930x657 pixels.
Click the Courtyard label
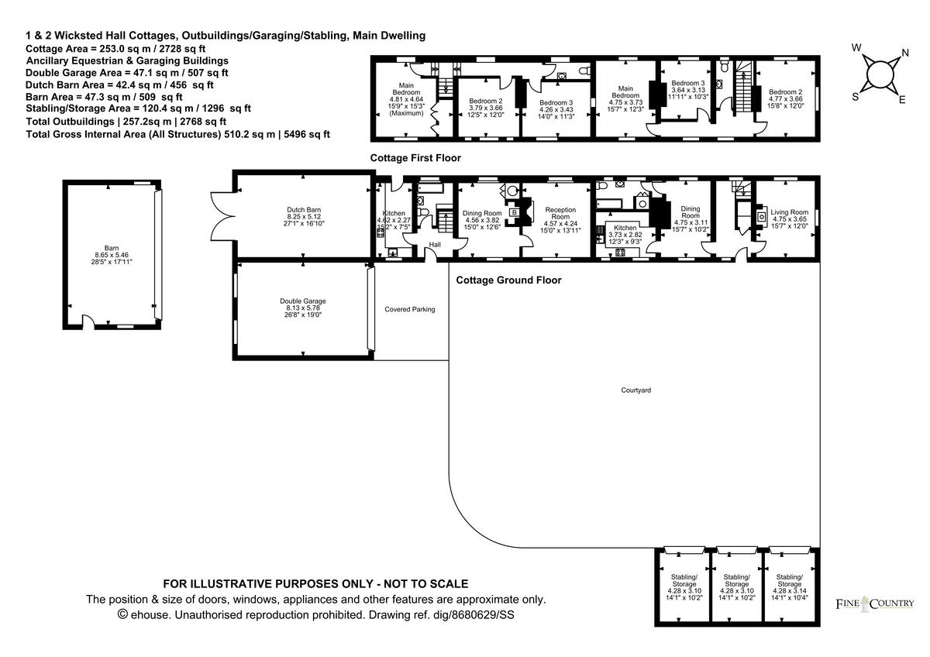coord(635,390)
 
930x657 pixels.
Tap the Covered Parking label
coord(409,309)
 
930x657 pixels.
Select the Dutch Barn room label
coord(304,210)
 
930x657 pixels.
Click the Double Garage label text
coord(303,301)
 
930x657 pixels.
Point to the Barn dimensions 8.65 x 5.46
coord(112,255)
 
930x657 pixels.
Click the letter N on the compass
coord(905,53)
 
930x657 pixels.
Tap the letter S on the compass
coord(856,97)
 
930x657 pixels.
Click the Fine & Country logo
coord(875,604)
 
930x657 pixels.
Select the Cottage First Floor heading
coord(415,158)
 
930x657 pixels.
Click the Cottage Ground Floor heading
coord(508,280)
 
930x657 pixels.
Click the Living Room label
coord(789,212)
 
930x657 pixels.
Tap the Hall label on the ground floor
coord(435,245)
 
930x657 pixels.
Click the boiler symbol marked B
coord(515,213)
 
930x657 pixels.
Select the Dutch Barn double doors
coord(223,216)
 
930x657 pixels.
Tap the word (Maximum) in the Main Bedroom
coord(406,113)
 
